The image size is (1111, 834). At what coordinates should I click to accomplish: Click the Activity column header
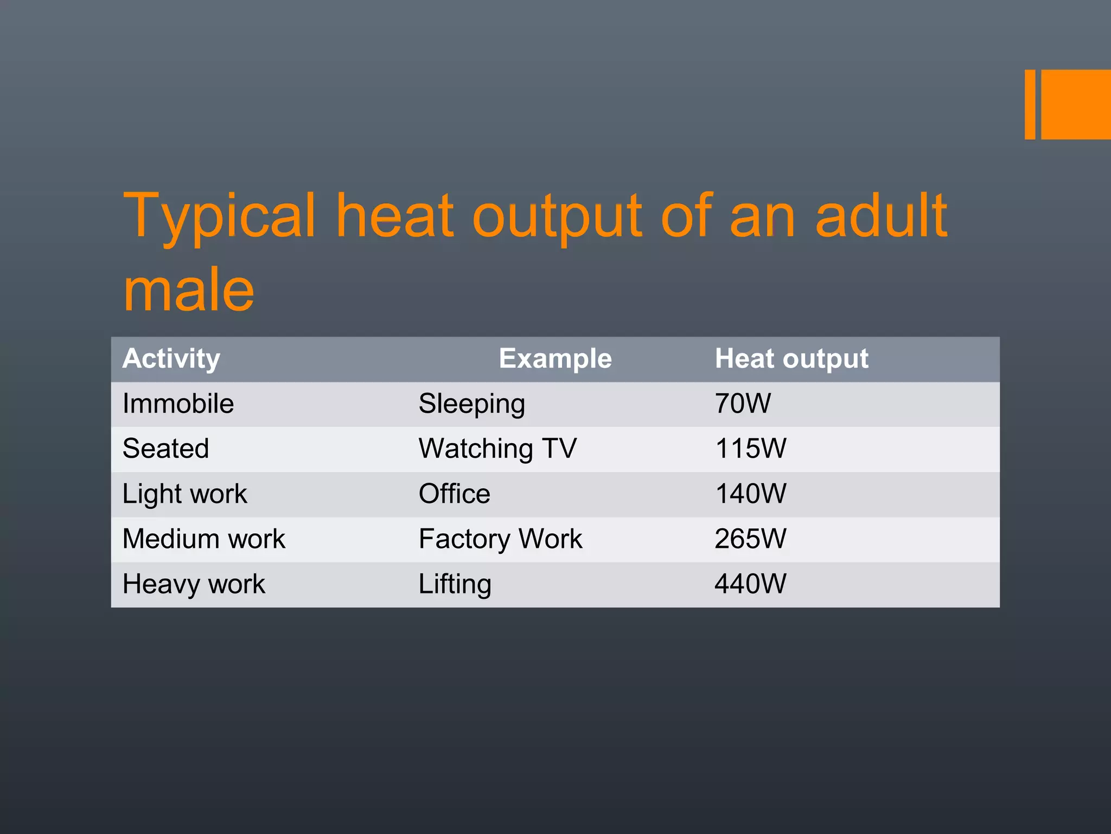tap(171, 359)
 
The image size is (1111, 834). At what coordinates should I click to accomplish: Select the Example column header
tap(555, 359)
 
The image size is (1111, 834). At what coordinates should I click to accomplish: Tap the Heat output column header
tap(791, 359)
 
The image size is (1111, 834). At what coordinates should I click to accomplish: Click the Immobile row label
tap(178, 404)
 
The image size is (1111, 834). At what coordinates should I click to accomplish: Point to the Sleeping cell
tap(471, 404)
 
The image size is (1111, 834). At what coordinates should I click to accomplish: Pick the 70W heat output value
tap(743, 404)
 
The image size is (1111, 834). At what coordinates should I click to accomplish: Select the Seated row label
tap(165, 449)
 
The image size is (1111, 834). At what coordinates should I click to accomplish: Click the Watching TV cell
tap(497, 449)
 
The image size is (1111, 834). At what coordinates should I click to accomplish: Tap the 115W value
tap(750, 449)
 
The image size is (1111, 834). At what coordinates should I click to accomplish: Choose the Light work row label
tap(184, 494)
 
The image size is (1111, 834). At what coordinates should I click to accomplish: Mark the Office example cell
tap(454, 494)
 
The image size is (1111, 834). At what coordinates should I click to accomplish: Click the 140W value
tap(750, 494)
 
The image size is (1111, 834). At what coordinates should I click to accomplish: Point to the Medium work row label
tap(203, 539)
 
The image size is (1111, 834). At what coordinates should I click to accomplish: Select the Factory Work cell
tap(500, 539)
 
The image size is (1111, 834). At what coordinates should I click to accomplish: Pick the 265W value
tap(750, 539)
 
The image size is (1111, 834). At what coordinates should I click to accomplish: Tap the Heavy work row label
tap(194, 584)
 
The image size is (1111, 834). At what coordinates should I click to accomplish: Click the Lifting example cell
tap(455, 584)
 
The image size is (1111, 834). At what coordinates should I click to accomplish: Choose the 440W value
tap(750, 584)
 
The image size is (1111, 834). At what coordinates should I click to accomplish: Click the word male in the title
tap(189, 290)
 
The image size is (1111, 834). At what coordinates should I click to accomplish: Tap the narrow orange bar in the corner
tap(1030, 104)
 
